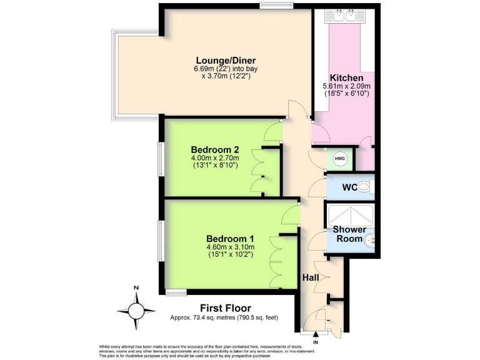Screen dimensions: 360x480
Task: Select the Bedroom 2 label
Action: (214, 149)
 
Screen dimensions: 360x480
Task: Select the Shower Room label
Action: (349, 234)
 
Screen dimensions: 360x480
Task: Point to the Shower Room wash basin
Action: (371, 239)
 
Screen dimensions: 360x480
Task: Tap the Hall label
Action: (311, 277)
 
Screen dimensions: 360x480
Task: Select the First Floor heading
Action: (225, 307)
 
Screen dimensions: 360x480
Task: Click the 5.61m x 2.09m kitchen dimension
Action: (346, 86)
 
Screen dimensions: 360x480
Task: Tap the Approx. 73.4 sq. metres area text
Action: (224, 317)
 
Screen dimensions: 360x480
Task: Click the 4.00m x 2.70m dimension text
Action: (214, 158)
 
